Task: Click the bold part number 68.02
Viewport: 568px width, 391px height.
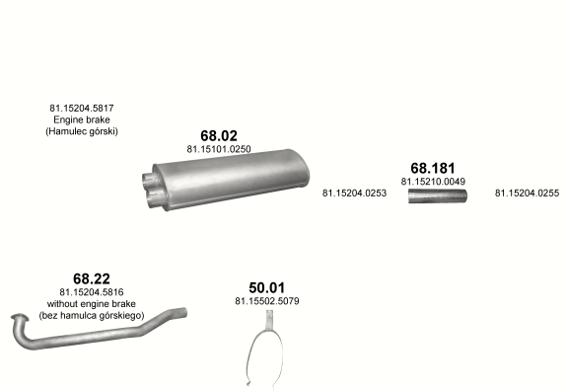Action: tap(219, 135)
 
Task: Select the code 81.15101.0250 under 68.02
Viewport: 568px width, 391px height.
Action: tap(219, 149)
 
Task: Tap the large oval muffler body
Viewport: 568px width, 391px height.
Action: tap(232, 179)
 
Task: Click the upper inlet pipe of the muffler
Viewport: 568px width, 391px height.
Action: tap(148, 178)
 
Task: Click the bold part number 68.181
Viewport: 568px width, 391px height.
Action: tap(433, 168)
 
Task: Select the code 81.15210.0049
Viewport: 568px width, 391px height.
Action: tap(433, 182)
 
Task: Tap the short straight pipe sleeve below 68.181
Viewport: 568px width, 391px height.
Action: tap(438, 195)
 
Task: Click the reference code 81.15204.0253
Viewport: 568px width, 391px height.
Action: tap(354, 193)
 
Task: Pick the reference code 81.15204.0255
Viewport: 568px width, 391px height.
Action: tap(527, 193)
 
